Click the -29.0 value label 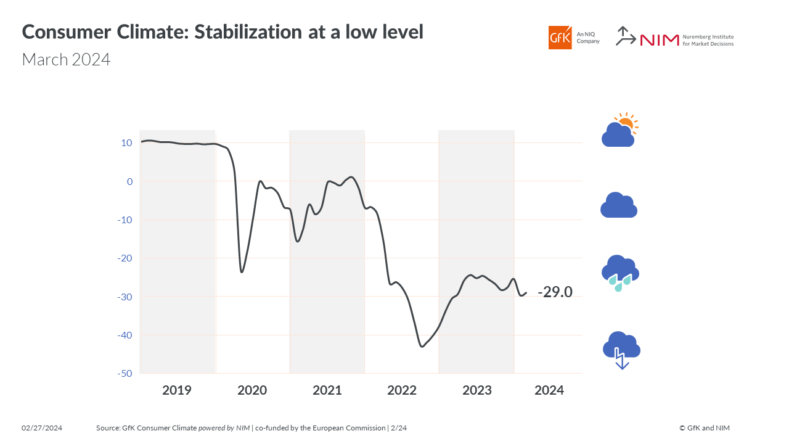pos(555,292)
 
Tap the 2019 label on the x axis pos(177,390)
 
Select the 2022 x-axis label pos(402,390)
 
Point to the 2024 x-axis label pos(549,390)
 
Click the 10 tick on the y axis pos(126,143)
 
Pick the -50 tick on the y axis pos(125,374)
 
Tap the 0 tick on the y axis pos(129,181)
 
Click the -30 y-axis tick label pos(125,297)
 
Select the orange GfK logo pos(560,38)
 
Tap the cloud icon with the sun pos(619,131)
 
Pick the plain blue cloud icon pos(618,205)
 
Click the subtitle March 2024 pos(66,60)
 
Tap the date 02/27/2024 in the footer pos(42,428)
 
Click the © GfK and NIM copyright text pos(705,428)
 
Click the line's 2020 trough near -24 pos(242,272)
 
